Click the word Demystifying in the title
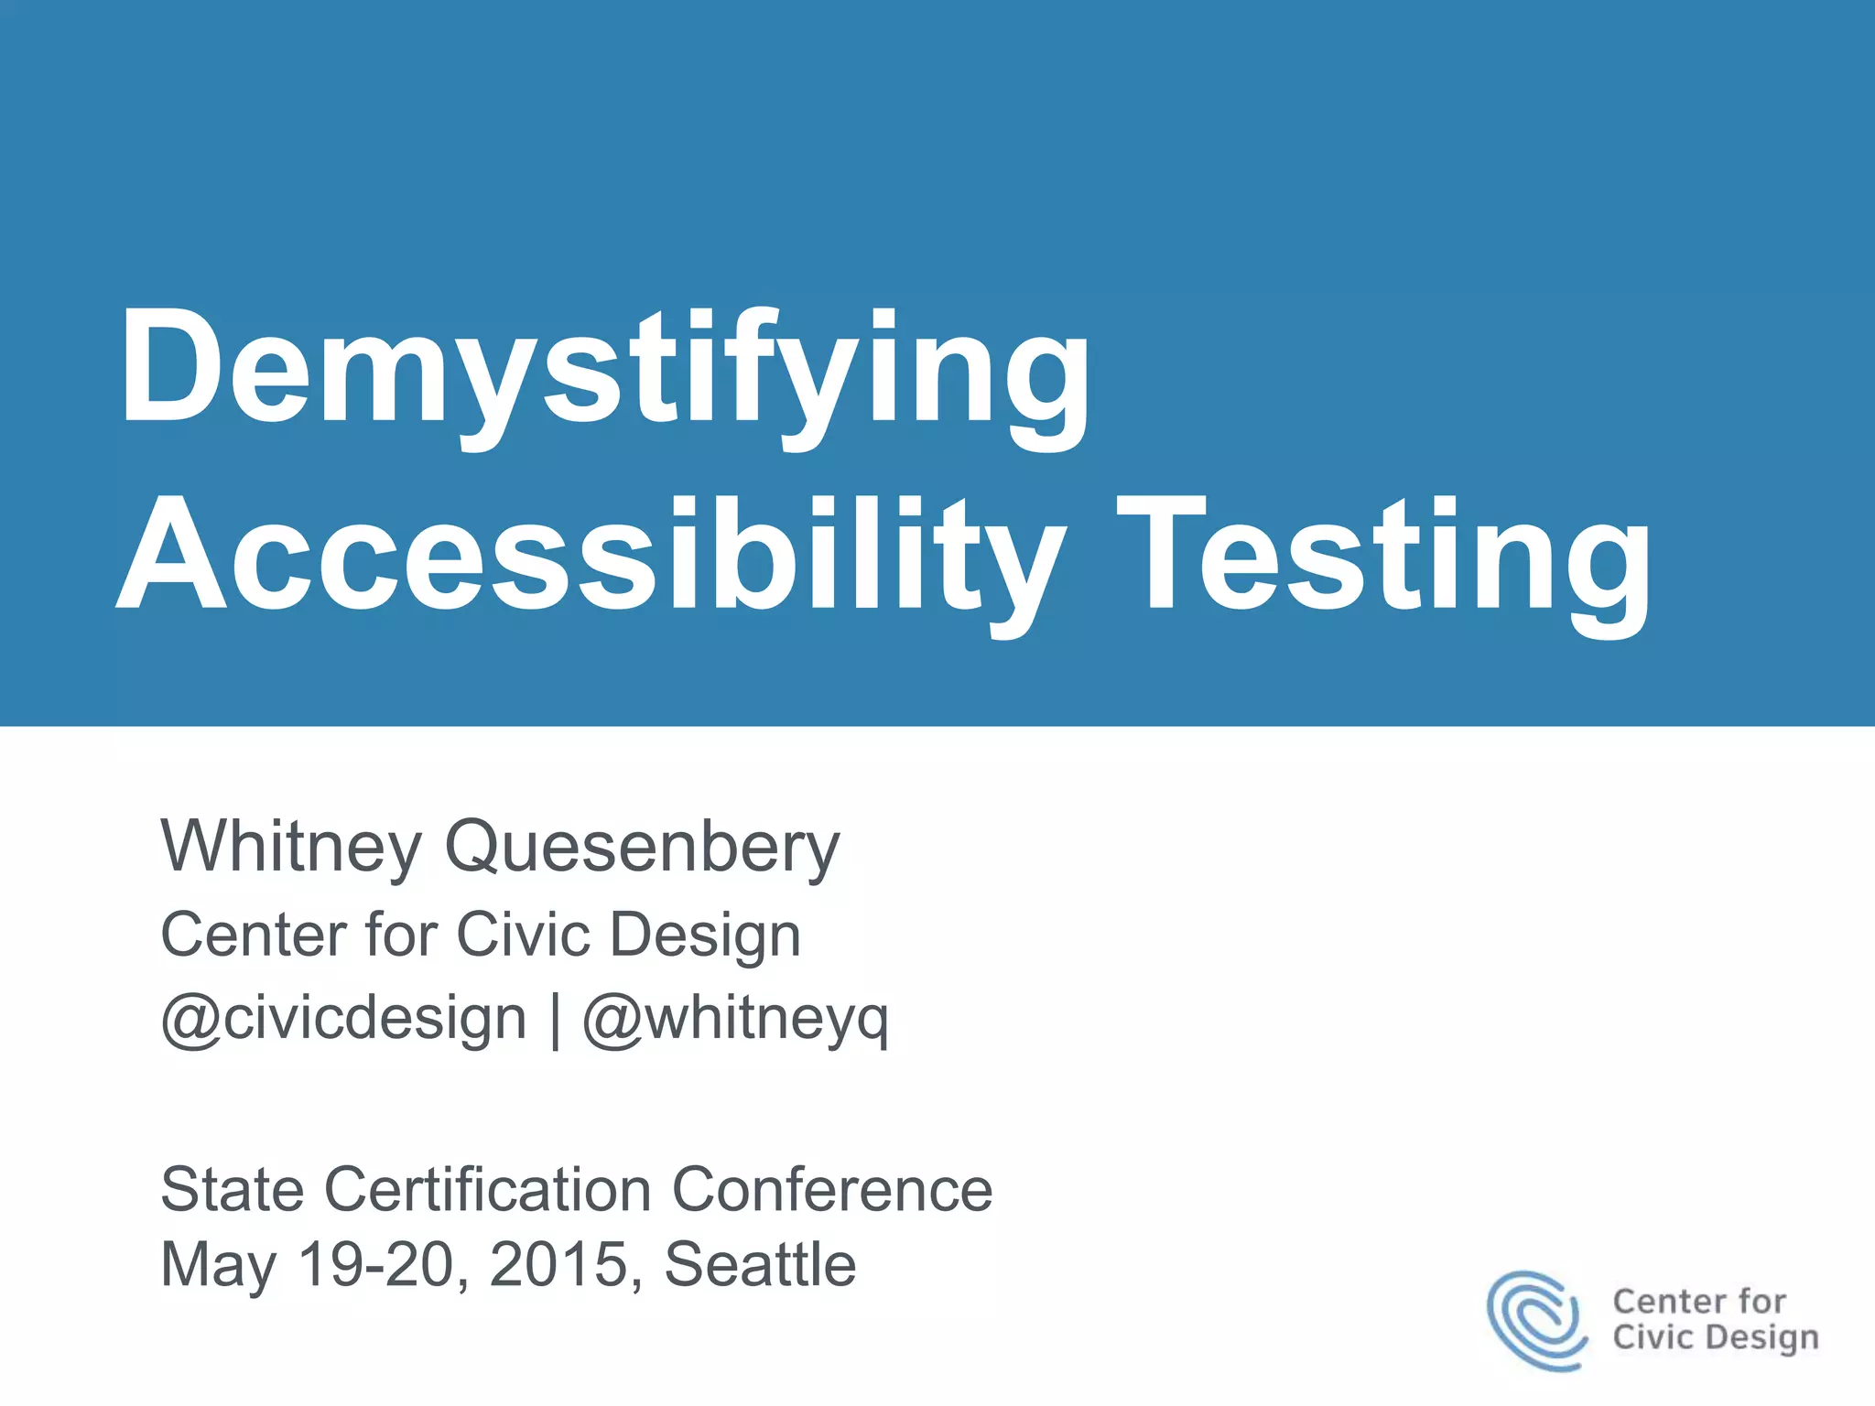pos(604,371)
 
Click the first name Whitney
pos(291,847)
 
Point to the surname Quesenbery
pos(641,847)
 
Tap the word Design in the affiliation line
pos(705,935)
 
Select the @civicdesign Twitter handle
pos(343,1018)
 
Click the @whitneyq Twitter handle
pos(735,1018)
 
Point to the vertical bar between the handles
pos(556,1020)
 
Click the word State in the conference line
pos(233,1189)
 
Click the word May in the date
pos(218,1265)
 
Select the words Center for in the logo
pos(1698,1301)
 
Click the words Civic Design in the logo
pos(1715,1337)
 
